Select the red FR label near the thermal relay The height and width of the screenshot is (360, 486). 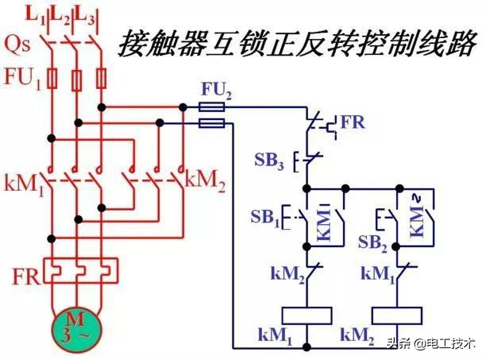(25, 277)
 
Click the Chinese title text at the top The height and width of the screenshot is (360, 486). (298, 43)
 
